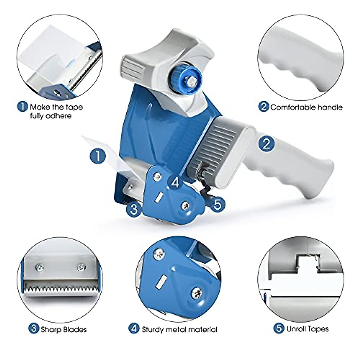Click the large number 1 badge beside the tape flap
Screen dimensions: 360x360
pyautogui.click(x=98, y=156)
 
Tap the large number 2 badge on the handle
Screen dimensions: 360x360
pyautogui.click(x=266, y=144)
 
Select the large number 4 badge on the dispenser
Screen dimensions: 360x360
pyautogui.click(x=175, y=182)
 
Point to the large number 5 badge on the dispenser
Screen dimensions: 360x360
pyautogui.click(x=218, y=205)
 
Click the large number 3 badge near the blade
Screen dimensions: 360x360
pyautogui.click(x=134, y=209)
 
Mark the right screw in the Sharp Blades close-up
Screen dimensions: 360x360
pyautogui.click(x=81, y=266)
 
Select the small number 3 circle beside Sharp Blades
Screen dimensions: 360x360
pyautogui.click(x=34, y=329)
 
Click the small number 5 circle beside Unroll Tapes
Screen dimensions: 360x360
pyautogui.click(x=279, y=328)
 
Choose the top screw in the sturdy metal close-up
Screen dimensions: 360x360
pyautogui.click(x=159, y=255)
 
